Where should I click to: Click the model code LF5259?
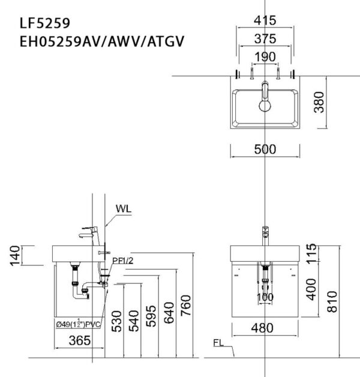click(45, 23)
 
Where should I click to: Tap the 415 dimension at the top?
click(264, 20)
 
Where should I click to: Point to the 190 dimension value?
click(264, 56)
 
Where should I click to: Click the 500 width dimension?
click(264, 149)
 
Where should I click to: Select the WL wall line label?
click(124, 209)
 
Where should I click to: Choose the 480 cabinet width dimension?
click(263, 328)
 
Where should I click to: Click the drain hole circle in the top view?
click(265, 107)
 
